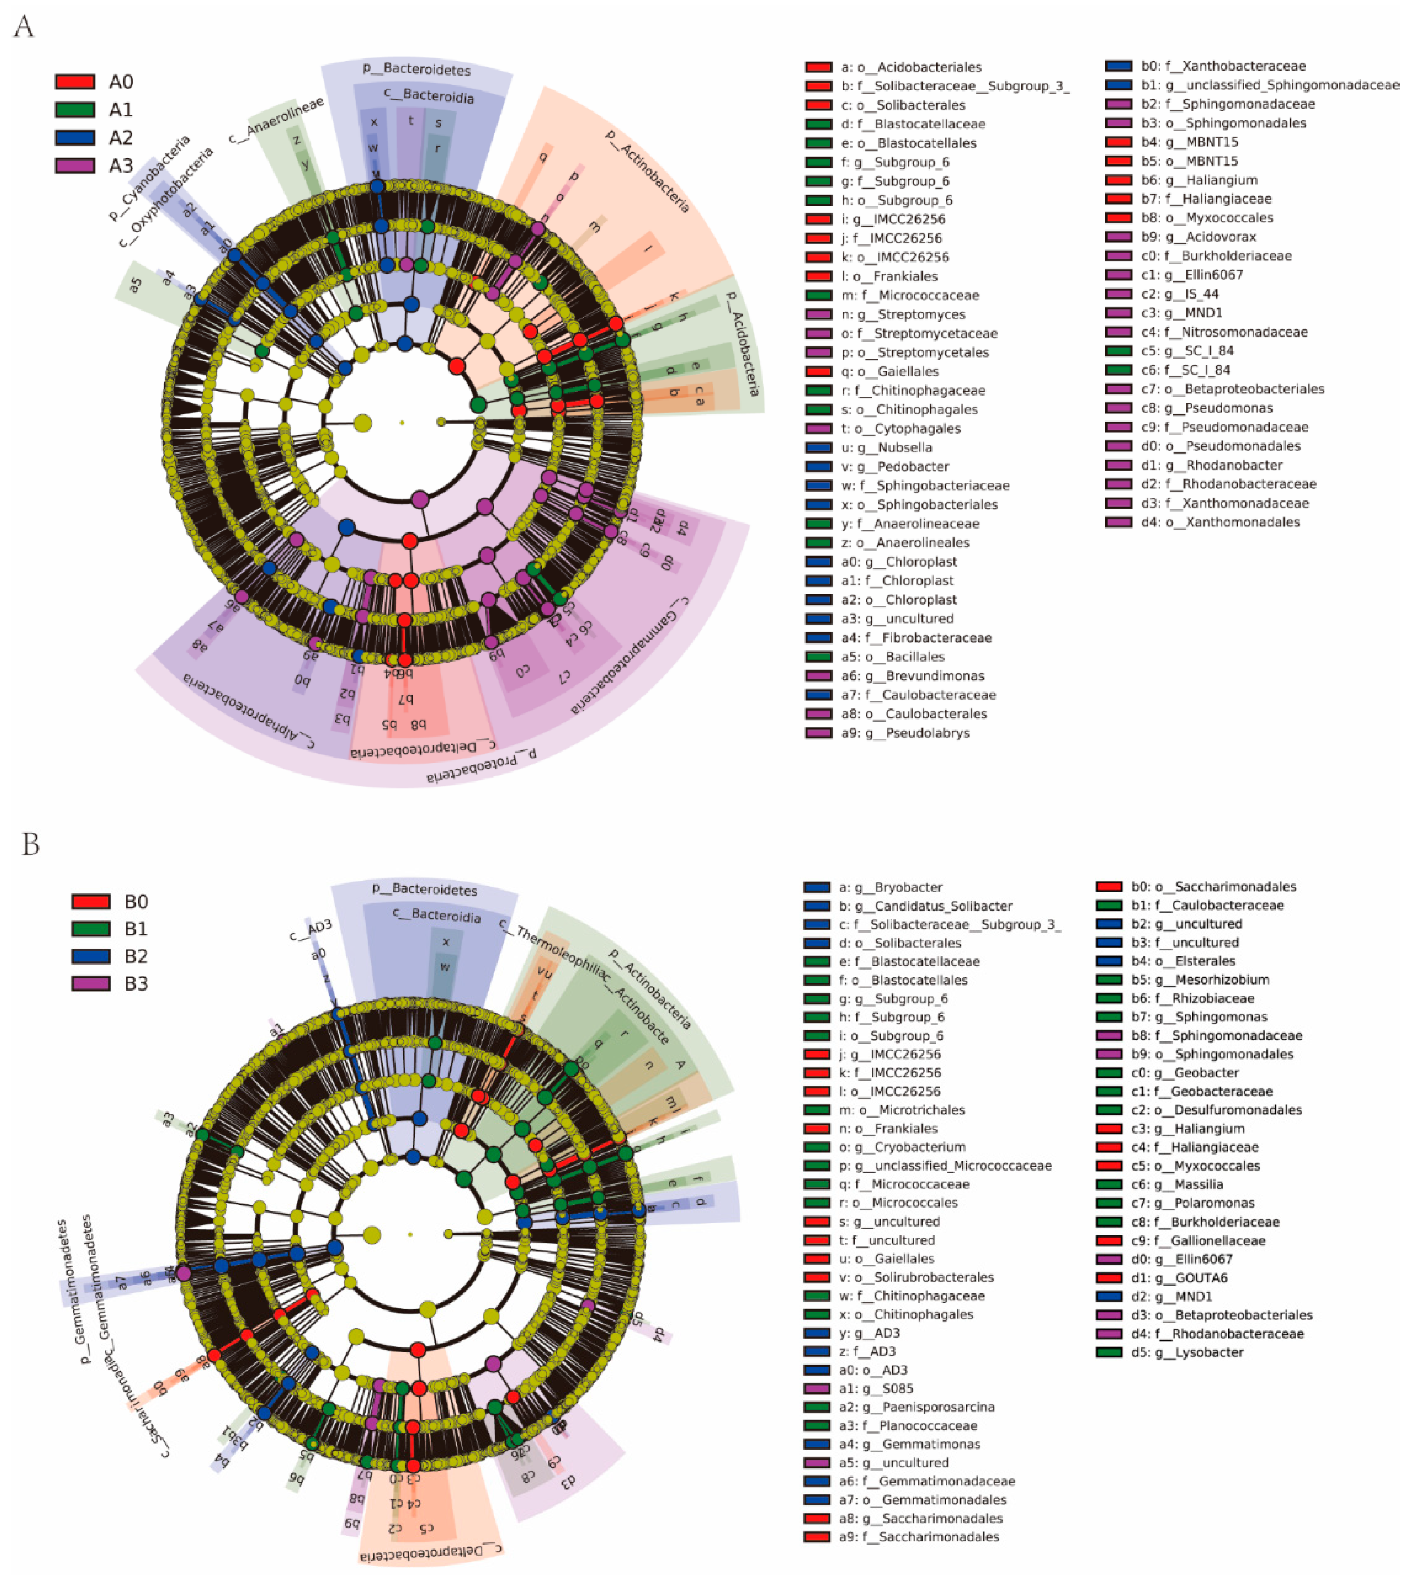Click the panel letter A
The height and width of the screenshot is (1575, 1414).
[x=24, y=27]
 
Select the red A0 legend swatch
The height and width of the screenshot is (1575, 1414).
[x=75, y=81]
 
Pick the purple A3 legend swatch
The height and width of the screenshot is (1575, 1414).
[x=75, y=166]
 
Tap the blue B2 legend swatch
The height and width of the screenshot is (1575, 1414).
[x=91, y=956]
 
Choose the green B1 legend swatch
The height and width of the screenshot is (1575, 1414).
[x=91, y=929]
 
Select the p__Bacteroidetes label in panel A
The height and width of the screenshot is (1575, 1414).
[x=416, y=69]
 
